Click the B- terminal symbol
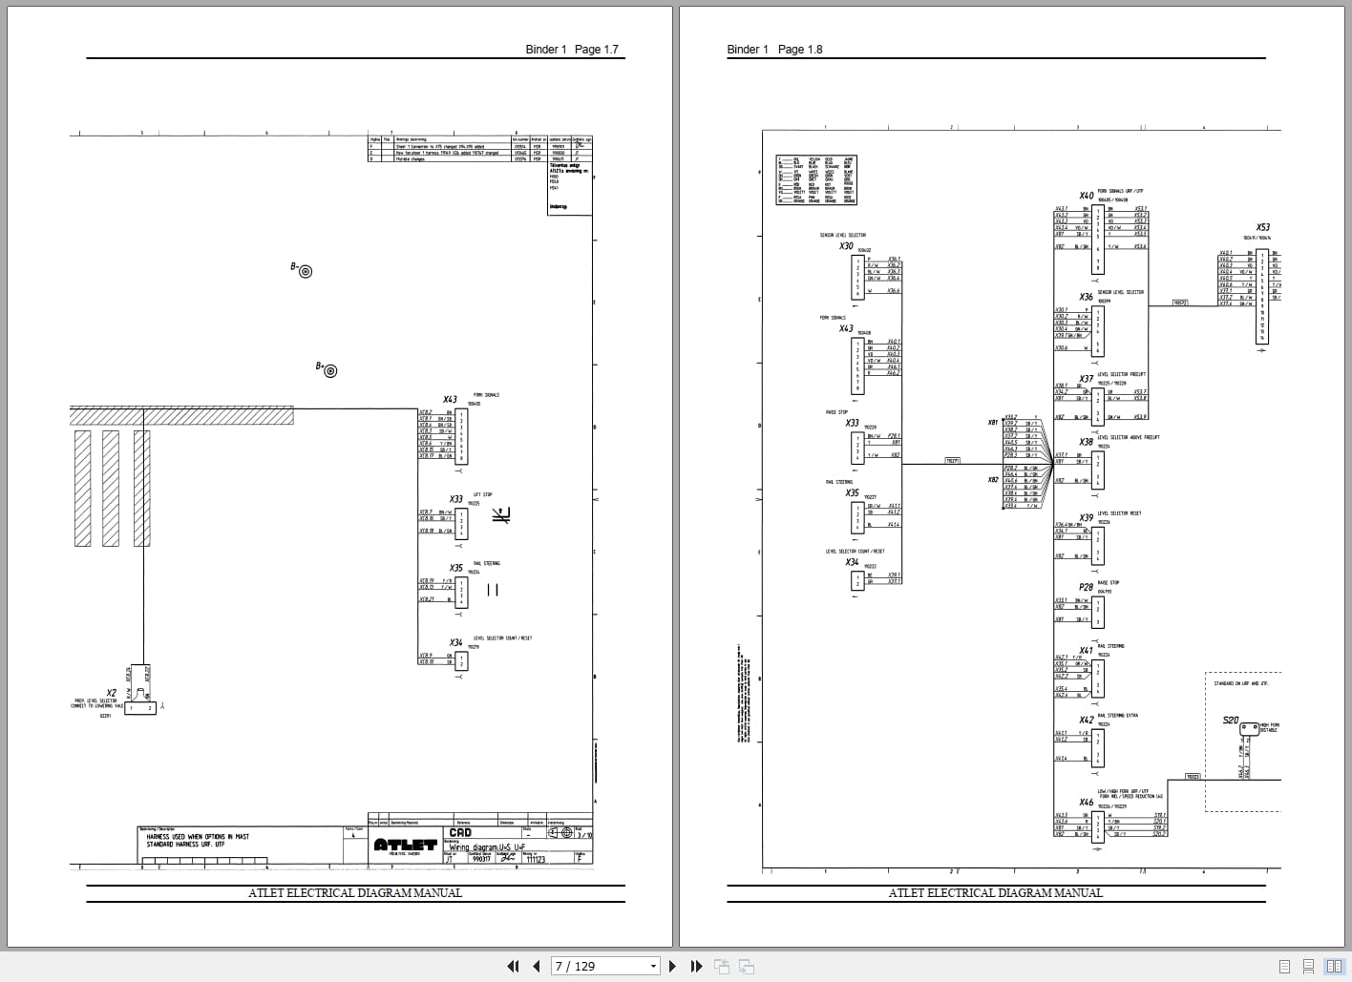306,271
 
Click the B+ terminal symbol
329,370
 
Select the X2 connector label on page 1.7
112,693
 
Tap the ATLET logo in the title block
405,846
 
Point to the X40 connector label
1087,196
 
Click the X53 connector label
1263,227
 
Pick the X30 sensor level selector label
846,246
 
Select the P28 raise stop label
1086,588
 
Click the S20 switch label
1231,721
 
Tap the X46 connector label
1087,803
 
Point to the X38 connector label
1087,442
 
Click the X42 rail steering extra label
1087,721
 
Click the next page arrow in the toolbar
672,966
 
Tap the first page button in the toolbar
513,966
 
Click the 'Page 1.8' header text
799,50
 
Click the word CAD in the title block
460,833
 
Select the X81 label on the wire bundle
993,422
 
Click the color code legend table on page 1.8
816,180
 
